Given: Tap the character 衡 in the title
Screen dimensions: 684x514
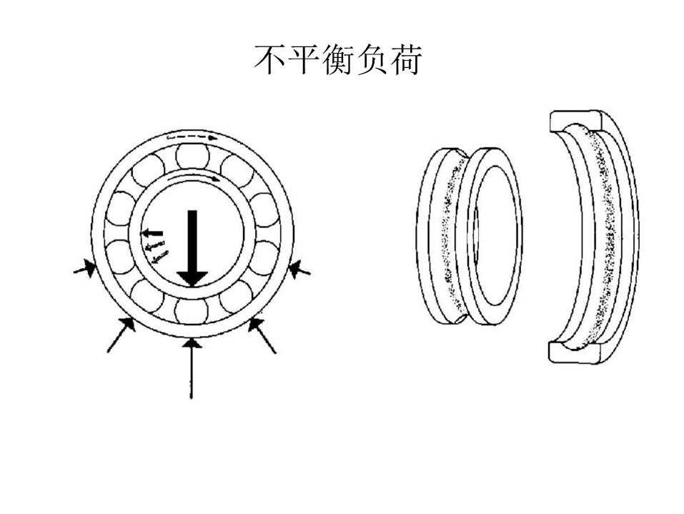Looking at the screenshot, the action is tap(338, 60).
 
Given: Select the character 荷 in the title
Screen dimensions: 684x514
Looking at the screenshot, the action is tap(406, 60).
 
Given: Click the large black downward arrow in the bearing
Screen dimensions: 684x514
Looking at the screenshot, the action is tap(192, 248).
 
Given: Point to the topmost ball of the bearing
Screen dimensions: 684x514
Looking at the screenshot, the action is tap(192, 157).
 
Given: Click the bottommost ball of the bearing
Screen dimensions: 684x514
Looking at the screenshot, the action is tap(191, 311).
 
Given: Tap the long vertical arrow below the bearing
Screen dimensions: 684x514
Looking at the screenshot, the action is tap(191, 369).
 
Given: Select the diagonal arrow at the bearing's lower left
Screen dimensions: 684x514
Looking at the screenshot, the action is tap(121, 335).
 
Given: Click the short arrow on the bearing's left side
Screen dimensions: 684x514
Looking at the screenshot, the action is tap(84, 268).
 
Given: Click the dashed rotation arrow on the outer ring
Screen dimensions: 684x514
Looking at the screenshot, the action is tap(192, 137).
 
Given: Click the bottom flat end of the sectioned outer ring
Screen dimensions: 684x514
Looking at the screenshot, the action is tap(574, 352).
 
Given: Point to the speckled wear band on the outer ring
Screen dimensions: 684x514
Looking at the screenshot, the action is tap(604, 238).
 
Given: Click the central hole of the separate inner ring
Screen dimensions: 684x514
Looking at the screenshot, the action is tap(497, 236).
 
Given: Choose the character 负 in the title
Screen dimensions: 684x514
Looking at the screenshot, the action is tap(372, 60).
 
